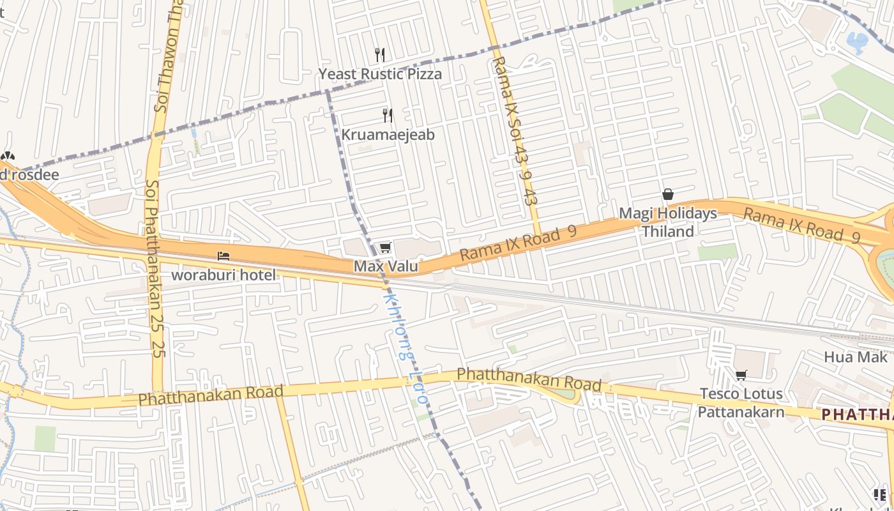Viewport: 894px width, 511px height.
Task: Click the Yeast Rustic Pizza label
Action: (380, 74)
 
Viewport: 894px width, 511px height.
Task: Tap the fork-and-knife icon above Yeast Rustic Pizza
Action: (380, 55)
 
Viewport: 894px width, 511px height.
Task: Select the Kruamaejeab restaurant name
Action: (388, 135)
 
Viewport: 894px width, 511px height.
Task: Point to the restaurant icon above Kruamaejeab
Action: (388, 115)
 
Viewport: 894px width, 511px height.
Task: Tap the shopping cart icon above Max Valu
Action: (384, 247)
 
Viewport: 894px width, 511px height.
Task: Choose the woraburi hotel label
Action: (223, 275)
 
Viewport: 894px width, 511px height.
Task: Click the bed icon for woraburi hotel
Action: (223, 256)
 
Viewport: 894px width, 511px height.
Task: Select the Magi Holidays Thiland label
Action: (668, 222)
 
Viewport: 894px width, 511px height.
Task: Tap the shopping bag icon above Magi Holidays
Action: (668, 194)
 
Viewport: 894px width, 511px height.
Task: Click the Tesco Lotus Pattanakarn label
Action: (741, 402)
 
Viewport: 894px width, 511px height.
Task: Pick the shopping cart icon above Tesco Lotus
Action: (741, 375)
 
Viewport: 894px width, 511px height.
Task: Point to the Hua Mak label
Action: (856, 357)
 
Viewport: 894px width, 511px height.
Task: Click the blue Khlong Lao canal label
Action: (405, 348)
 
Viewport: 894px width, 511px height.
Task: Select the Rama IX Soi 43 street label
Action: (516, 131)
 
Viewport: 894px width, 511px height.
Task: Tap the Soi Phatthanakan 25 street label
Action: (155, 268)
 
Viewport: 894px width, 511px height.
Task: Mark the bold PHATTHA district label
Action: (857, 415)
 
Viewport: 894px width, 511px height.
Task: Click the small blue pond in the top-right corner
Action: (856, 42)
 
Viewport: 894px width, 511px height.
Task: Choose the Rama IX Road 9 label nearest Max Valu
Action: (518, 243)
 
